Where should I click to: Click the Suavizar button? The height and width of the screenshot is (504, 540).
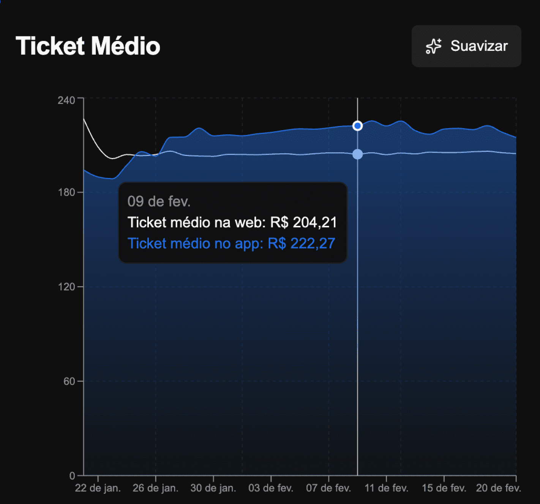(466, 46)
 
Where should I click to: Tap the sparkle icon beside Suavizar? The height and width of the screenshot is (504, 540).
(433, 46)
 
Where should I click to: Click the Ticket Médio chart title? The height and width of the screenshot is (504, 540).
(88, 46)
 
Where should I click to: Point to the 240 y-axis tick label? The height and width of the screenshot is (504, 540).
(66, 100)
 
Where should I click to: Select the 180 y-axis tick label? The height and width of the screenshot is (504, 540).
(66, 192)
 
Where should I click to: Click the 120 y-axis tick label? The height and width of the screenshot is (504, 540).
(66, 287)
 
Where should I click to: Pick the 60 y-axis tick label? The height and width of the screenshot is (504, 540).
(69, 381)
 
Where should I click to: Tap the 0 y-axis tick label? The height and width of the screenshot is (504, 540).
(72, 476)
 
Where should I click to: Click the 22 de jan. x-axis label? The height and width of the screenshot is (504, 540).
(98, 488)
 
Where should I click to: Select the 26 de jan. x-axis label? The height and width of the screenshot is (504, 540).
(155, 488)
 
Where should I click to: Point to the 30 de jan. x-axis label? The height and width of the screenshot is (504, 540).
(213, 488)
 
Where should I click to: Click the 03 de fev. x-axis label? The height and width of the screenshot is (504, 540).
(271, 488)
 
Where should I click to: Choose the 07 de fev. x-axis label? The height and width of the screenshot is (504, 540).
(328, 488)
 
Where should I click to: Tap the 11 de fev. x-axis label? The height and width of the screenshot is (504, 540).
(386, 488)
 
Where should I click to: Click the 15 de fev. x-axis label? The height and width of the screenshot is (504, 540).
(444, 488)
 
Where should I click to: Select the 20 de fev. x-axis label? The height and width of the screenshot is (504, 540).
(498, 488)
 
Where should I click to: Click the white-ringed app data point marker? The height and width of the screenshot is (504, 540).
(357, 126)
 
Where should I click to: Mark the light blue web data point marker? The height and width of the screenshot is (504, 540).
(357, 154)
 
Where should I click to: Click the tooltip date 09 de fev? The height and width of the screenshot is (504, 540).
(159, 202)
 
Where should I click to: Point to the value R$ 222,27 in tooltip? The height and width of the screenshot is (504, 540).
(302, 243)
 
